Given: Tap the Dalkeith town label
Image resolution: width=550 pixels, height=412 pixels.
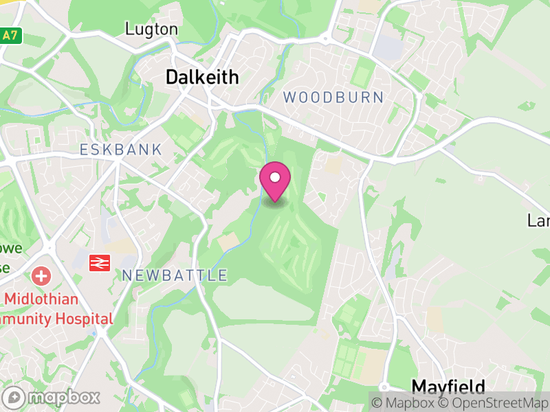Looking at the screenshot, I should (202, 78).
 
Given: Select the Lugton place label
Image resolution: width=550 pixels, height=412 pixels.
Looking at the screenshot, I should (151, 29).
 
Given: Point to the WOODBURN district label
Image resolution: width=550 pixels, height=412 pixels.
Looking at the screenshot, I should (333, 98).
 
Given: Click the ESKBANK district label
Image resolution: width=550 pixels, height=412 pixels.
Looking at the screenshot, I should (121, 150).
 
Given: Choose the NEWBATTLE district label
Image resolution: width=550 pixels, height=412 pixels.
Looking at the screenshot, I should (175, 276).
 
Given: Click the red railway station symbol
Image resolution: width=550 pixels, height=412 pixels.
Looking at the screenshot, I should (101, 262).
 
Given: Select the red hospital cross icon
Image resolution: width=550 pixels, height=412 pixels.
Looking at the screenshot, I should (41, 276).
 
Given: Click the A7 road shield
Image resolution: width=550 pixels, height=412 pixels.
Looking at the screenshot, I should (9, 35).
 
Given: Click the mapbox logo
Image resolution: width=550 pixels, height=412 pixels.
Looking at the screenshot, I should (52, 397).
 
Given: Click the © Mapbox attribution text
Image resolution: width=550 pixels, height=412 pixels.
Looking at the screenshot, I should (404, 402).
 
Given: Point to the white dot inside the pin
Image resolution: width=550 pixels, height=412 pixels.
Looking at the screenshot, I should (275, 178).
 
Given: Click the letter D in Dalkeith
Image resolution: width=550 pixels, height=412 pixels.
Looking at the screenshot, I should (173, 78).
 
